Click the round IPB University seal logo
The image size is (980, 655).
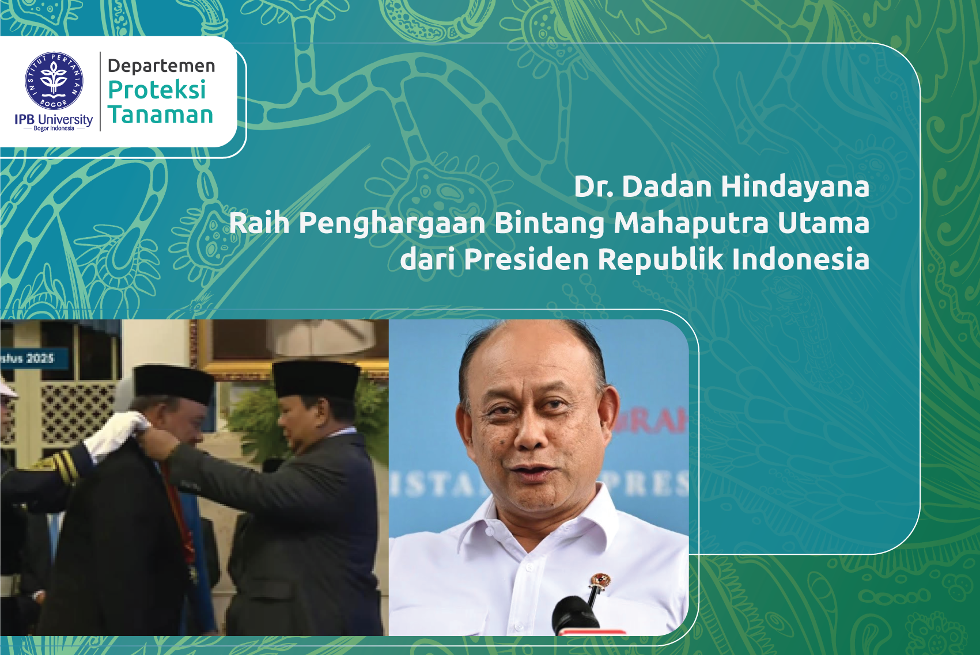click(x=54, y=81)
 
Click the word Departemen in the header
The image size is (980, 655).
click(x=161, y=66)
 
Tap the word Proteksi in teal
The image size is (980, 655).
click(x=157, y=90)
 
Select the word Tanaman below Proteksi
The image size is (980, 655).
click(x=161, y=115)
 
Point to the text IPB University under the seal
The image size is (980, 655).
click(x=54, y=119)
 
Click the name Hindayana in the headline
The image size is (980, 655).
click(x=795, y=186)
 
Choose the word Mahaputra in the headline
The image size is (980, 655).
click(x=691, y=223)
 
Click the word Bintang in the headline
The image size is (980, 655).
click(x=550, y=223)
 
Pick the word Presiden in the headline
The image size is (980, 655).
click(x=526, y=259)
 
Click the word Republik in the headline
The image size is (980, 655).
click(x=660, y=259)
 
